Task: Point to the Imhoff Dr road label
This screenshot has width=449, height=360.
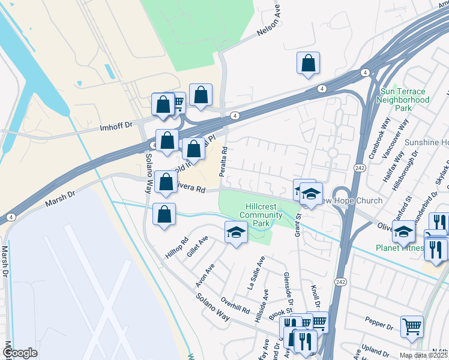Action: (115, 127)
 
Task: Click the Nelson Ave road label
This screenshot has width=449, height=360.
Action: (270, 26)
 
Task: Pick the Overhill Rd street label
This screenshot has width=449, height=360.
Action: (234, 305)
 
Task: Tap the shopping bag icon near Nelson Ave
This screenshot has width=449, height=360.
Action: (308, 62)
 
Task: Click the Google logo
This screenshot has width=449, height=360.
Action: (20, 353)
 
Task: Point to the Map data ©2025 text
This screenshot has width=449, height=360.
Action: (423, 355)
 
